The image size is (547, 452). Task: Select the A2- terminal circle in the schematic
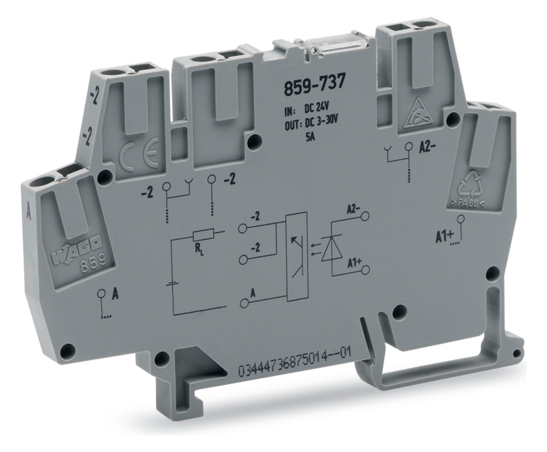point(365,216)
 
